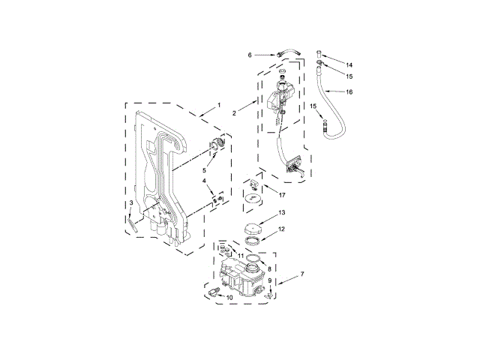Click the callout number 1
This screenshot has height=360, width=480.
pyautogui.click(x=219, y=105)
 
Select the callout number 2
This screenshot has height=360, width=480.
pyautogui.click(x=234, y=113)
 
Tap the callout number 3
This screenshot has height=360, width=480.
pyautogui.click(x=131, y=202)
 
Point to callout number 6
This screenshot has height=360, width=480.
pyautogui.click(x=250, y=55)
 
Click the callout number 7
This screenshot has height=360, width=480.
pyautogui.click(x=302, y=274)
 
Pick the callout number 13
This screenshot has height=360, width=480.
pyautogui.click(x=282, y=212)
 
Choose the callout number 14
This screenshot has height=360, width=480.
pyautogui.click(x=349, y=65)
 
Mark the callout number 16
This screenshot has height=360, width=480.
pyautogui.click(x=349, y=91)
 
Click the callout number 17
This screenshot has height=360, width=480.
pyautogui.click(x=282, y=195)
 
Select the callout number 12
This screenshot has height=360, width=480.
pyautogui.click(x=282, y=229)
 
